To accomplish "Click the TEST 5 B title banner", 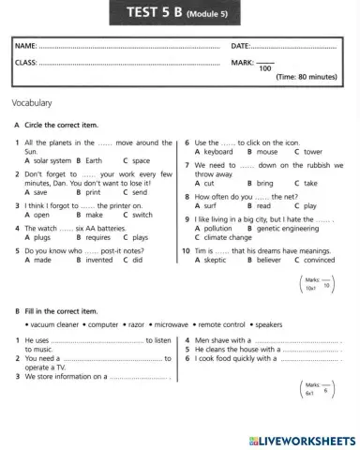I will click(180, 12).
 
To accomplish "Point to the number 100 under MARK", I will click(265, 68).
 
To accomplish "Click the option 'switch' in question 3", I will click(142, 215).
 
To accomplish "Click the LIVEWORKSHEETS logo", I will click(298, 439).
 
